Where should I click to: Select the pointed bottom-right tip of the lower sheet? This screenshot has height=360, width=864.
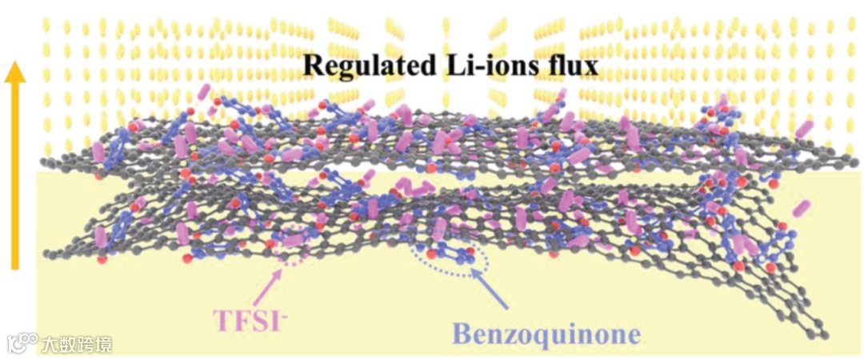(824, 334)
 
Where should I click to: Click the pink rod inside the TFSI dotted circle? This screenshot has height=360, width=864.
(294, 241)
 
